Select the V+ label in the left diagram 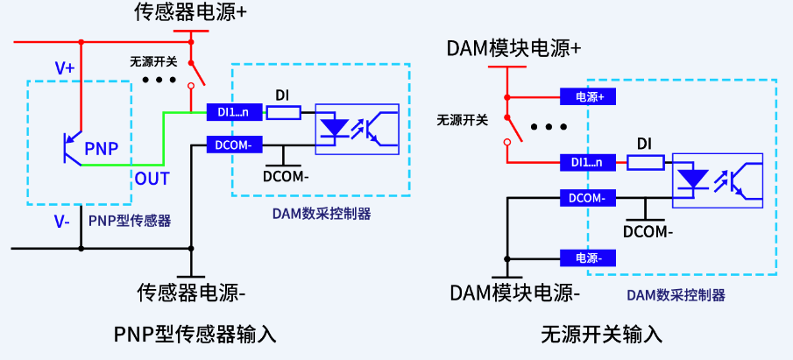(65, 67)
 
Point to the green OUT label (152, 178)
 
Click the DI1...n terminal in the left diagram (233, 112)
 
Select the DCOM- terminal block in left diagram (233, 144)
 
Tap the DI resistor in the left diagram (283, 112)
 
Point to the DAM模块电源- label (516, 292)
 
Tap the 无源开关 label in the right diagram (462, 120)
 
